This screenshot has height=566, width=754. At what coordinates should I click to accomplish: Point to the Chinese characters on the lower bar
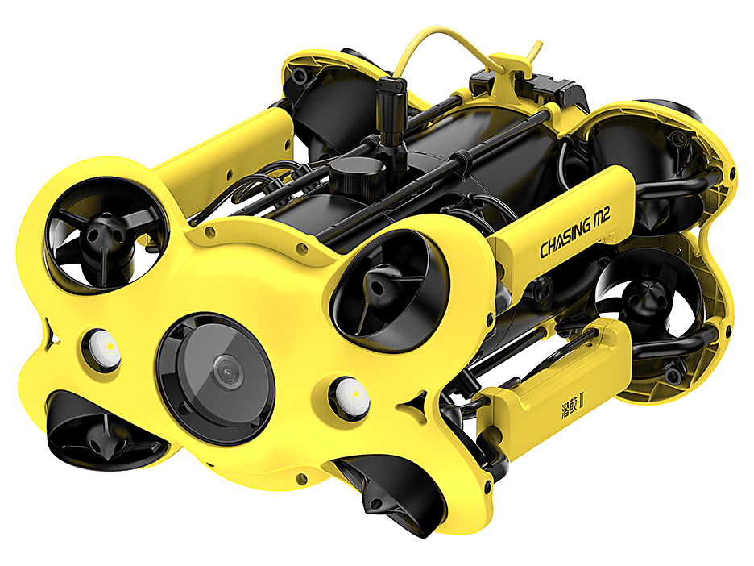click(x=572, y=406)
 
